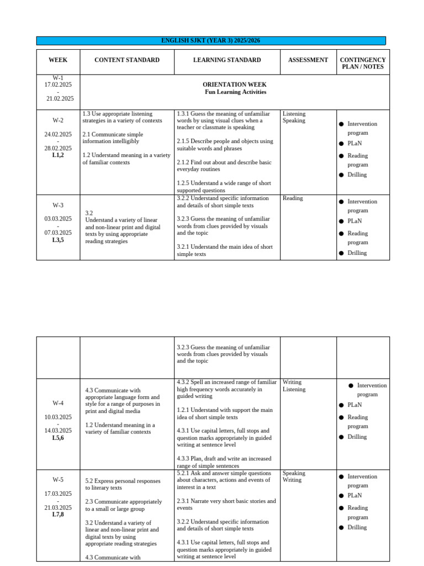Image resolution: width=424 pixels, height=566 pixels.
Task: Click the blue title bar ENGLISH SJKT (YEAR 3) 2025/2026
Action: [x=211, y=40]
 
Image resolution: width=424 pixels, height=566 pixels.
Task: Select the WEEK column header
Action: [x=58, y=60]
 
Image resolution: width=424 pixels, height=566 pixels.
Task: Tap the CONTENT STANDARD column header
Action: [x=127, y=60]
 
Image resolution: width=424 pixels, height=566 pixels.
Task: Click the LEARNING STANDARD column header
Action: [x=227, y=60]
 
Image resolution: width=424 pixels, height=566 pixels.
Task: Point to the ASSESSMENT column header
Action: [x=308, y=60]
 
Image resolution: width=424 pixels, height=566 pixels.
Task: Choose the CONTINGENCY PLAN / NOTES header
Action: [x=363, y=64]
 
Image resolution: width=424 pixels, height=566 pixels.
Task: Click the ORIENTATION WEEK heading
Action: [x=235, y=85]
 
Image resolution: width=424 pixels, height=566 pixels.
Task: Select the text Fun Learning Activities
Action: [x=235, y=92]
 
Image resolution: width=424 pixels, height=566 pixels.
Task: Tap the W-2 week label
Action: [x=58, y=120]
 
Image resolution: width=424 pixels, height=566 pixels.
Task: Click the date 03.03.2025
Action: [x=58, y=219]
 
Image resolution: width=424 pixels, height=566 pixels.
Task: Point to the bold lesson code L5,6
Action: [x=58, y=438]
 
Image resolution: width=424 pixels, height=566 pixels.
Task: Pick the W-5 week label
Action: [x=58, y=480]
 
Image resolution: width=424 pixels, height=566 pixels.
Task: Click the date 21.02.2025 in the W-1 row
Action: [x=60, y=98]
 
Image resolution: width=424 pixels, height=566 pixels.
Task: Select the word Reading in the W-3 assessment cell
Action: [x=293, y=198]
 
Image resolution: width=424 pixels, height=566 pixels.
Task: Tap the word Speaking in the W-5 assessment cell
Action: [x=293, y=473]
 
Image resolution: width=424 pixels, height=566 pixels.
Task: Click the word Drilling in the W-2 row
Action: [x=357, y=175]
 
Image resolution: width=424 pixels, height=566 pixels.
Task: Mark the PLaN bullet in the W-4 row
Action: [x=354, y=405]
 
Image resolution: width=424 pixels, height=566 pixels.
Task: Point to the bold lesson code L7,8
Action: [x=58, y=515]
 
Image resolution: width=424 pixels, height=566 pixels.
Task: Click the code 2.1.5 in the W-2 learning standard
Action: [x=183, y=141]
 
